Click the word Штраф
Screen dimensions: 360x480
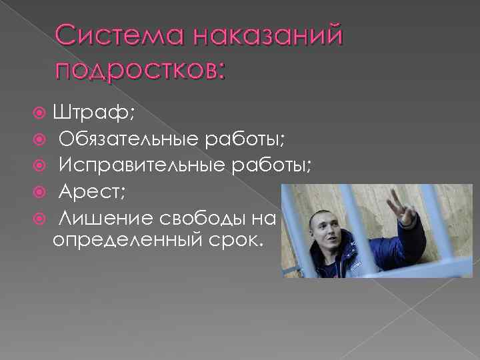coord(93,113)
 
